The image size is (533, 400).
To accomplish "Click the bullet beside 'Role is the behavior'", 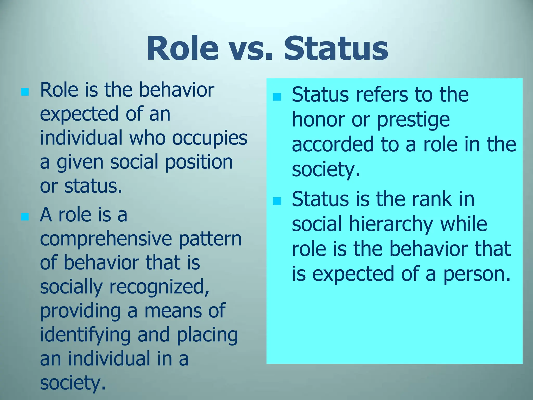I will pyautogui.click(x=25, y=92).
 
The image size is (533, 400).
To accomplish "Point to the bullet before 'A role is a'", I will pyautogui.click(x=25, y=216).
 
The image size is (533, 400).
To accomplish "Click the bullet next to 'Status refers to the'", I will pyautogui.click(x=277, y=97).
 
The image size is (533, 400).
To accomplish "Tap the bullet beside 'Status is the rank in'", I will pyautogui.click(x=277, y=201).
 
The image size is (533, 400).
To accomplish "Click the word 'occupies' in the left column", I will pyautogui.click(x=210, y=138).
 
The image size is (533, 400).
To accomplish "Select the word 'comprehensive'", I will pyautogui.click(x=106, y=239).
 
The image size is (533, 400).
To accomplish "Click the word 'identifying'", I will pyautogui.click(x=85, y=335).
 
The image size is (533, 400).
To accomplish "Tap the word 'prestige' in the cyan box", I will pyautogui.click(x=413, y=120).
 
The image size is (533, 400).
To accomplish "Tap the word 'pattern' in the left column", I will pyautogui.click(x=210, y=239).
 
